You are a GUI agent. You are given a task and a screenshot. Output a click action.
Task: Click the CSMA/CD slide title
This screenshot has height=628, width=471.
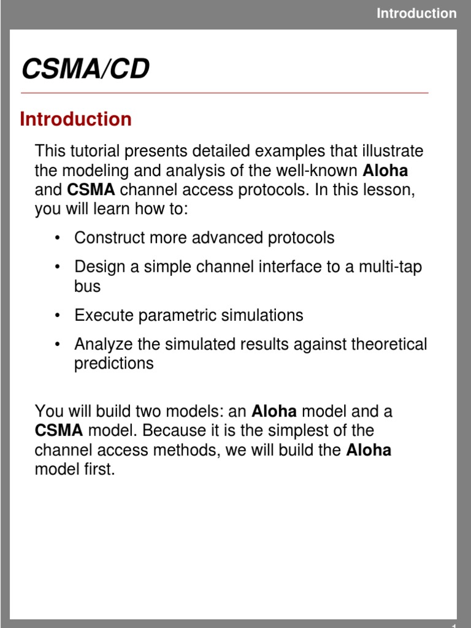[x=85, y=70]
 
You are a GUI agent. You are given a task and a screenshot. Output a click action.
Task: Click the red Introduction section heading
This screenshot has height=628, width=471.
[x=75, y=119]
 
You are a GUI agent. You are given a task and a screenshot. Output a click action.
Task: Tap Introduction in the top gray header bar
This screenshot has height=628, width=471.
[x=416, y=13]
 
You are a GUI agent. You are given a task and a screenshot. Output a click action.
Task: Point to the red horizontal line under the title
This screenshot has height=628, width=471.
[x=224, y=93]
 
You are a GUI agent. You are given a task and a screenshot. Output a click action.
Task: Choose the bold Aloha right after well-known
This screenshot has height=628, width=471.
[x=386, y=170]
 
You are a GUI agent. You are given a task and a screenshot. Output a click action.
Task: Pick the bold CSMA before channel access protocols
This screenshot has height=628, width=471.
[x=91, y=190]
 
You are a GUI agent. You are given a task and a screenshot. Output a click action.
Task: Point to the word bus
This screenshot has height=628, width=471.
[x=87, y=286]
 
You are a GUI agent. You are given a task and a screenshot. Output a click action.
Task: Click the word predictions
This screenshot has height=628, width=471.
[x=113, y=364]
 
